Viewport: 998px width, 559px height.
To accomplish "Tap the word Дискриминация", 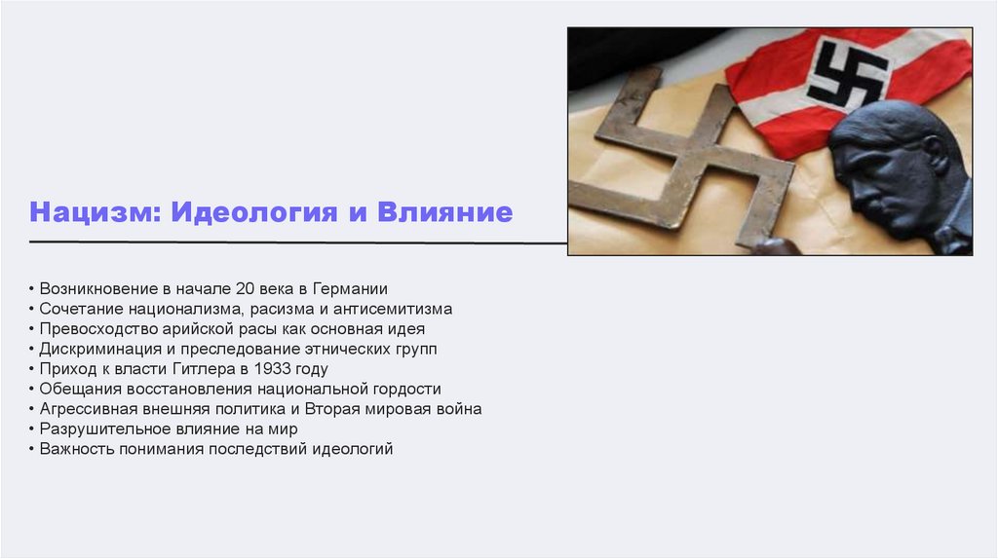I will click(97, 349).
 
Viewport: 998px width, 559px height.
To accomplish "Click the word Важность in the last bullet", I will click(75, 449).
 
